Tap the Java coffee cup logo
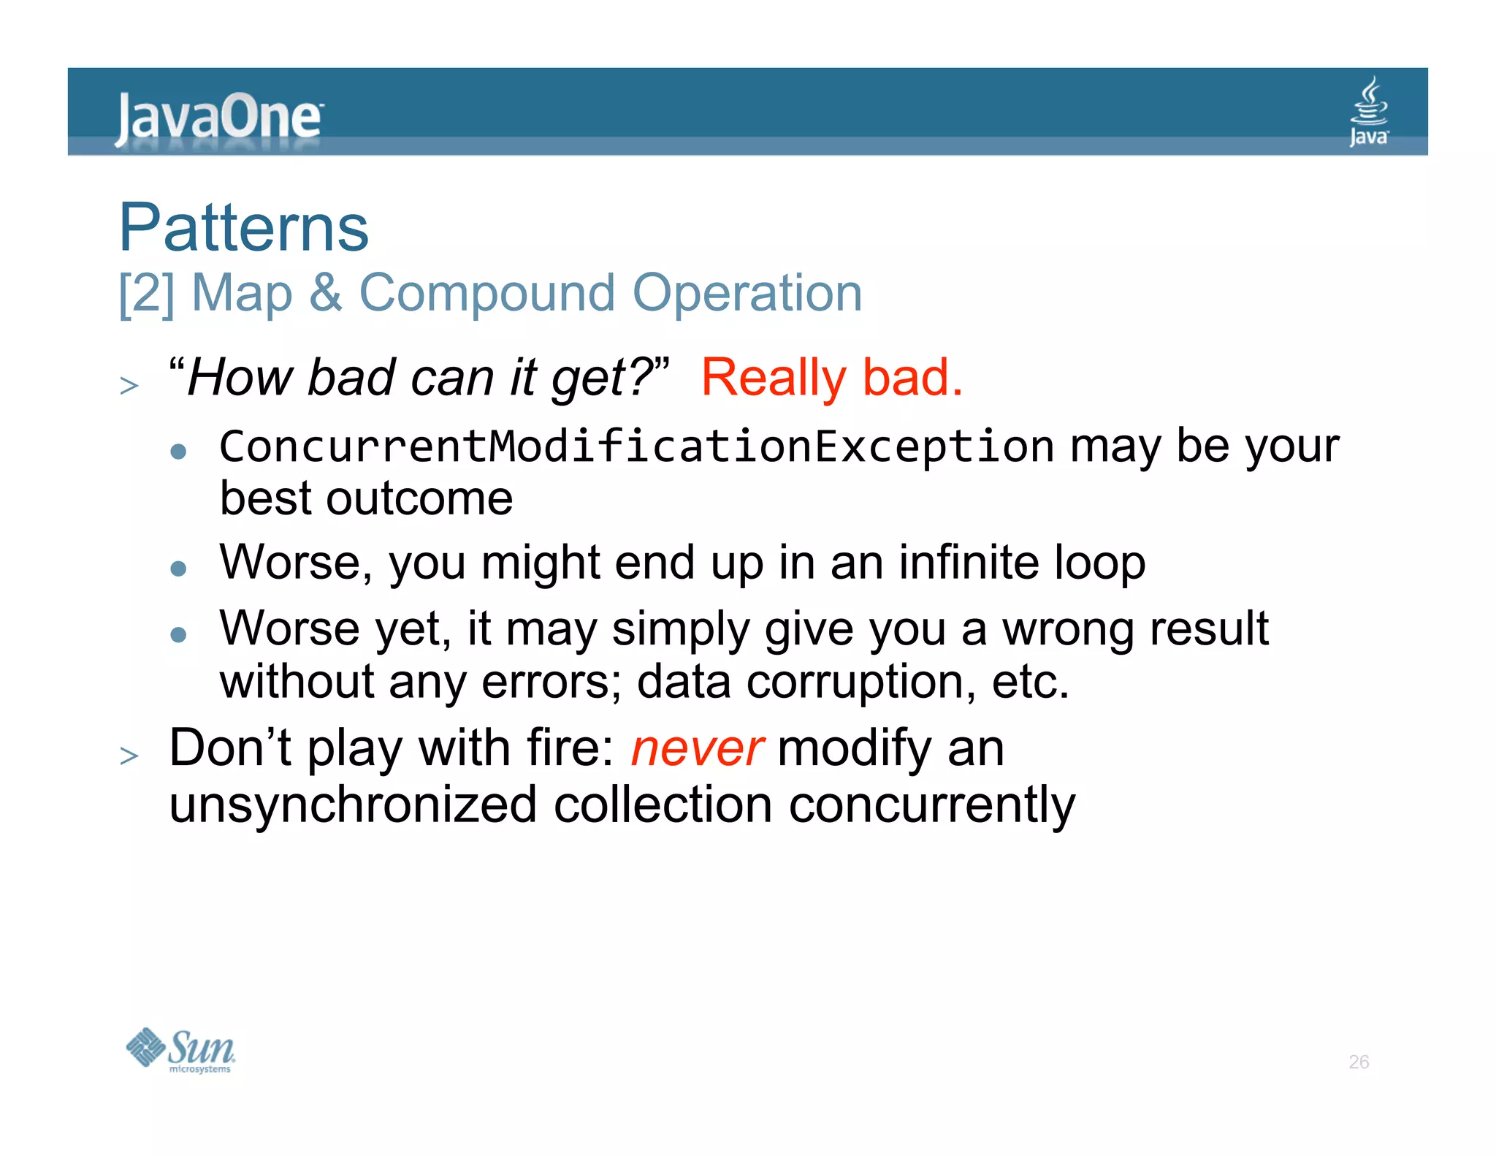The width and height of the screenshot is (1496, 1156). pyautogui.click(x=1368, y=111)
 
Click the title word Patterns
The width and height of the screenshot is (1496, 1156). pyautogui.click(x=244, y=228)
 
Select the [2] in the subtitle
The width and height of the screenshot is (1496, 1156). pyautogui.click(x=147, y=294)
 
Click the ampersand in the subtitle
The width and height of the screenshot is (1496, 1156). pyautogui.click(x=325, y=294)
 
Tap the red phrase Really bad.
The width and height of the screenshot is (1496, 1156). pyautogui.click(x=831, y=378)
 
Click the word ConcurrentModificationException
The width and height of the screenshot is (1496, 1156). pyautogui.click(x=636, y=446)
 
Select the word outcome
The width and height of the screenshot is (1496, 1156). pyautogui.click(x=419, y=499)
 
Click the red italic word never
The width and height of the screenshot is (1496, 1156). pyautogui.click(x=697, y=749)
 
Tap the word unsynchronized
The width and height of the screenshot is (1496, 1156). pyautogui.click(x=353, y=805)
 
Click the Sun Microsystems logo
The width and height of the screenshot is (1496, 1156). pyautogui.click(x=180, y=1050)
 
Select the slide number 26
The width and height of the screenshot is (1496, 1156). pyautogui.click(x=1358, y=1062)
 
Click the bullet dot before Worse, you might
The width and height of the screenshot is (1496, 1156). pyautogui.click(x=178, y=569)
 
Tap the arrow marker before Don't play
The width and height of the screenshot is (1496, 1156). pyautogui.click(x=129, y=755)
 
